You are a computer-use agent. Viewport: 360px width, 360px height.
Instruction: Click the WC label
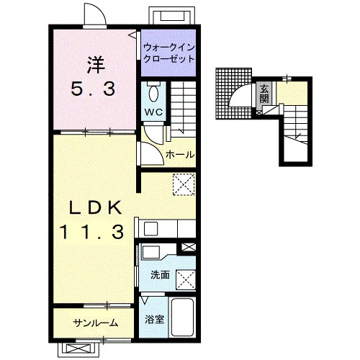click(x=153, y=112)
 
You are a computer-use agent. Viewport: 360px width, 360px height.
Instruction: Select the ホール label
click(x=180, y=154)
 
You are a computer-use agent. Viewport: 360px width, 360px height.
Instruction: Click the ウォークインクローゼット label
click(x=168, y=53)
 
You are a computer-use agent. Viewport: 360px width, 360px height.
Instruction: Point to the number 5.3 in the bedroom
click(x=93, y=89)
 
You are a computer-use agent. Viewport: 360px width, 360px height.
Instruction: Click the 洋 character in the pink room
click(x=96, y=65)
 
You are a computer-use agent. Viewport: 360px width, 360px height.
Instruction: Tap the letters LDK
click(x=96, y=208)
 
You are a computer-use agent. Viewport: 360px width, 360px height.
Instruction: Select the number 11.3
click(x=92, y=232)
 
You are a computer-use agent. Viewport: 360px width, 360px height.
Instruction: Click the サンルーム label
click(x=96, y=323)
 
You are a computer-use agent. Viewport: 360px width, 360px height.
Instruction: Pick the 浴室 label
click(x=154, y=320)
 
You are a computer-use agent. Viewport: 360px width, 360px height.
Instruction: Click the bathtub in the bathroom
click(x=183, y=317)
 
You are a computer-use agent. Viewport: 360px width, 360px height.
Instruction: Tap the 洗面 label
click(x=160, y=275)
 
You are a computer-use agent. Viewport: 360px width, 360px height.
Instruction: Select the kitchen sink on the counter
click(x=150, y=229)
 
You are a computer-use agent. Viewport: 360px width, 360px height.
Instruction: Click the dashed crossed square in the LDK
click(x=184, y=184)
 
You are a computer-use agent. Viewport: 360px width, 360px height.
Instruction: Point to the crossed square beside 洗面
click(x=186, y=280)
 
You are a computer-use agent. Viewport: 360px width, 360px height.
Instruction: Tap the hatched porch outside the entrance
click(x=233, y=94)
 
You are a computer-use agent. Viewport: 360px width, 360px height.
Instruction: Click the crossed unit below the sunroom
click(x=78, y=348)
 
